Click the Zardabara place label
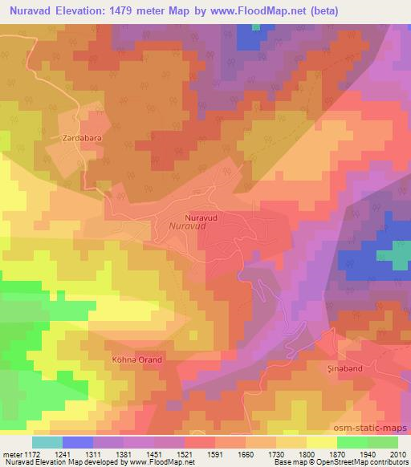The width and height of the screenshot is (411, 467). (x=79, y=138)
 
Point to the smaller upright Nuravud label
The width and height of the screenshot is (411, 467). (x=200, y=217)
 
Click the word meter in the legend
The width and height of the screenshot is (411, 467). (x=13, y=453)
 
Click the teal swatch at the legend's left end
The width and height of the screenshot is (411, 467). (x=47, y=442)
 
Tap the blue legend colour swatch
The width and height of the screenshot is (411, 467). (x=78, y=442)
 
